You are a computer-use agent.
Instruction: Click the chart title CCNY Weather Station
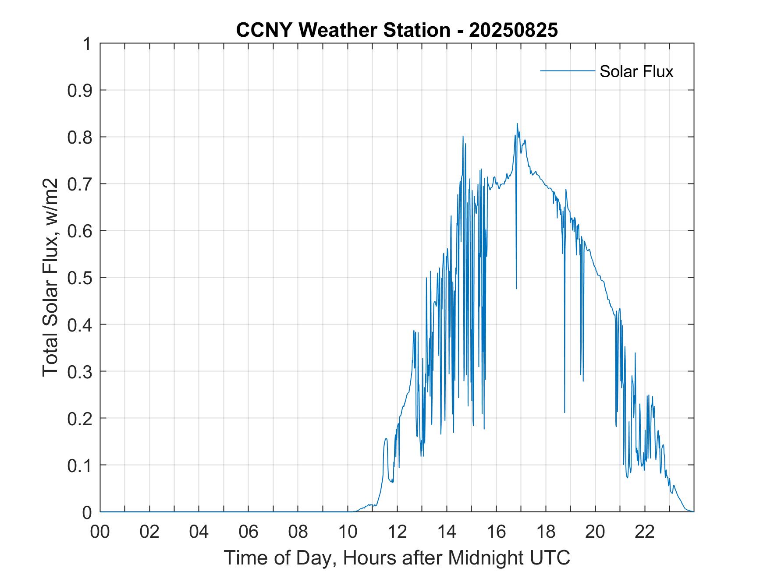(x=343, y=30)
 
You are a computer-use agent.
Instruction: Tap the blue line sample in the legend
(x=567, y=71)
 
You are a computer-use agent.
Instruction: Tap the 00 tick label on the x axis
(x=100, y=532)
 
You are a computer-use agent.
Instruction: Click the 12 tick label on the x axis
(x=397, y=532)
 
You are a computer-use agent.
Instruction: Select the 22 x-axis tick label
(x=645, y=532)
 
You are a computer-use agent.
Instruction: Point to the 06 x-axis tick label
(x=249, y=532)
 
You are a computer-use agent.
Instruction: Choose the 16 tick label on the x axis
(x=496, y=532)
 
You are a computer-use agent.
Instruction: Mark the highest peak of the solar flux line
(x=517, y=124)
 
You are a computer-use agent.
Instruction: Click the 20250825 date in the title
(x=513, y=30)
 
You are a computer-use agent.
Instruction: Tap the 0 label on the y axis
(x=87, y=512)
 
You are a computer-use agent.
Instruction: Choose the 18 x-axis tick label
(x=546, y=532)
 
